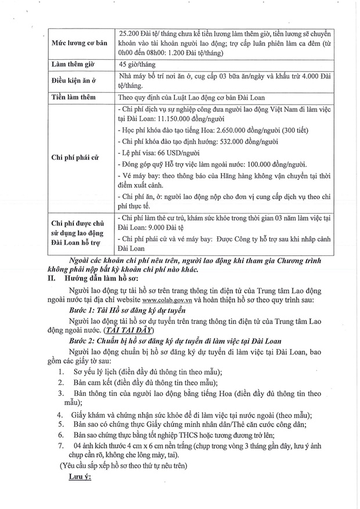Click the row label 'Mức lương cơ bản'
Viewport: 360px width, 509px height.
click(81, 43)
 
